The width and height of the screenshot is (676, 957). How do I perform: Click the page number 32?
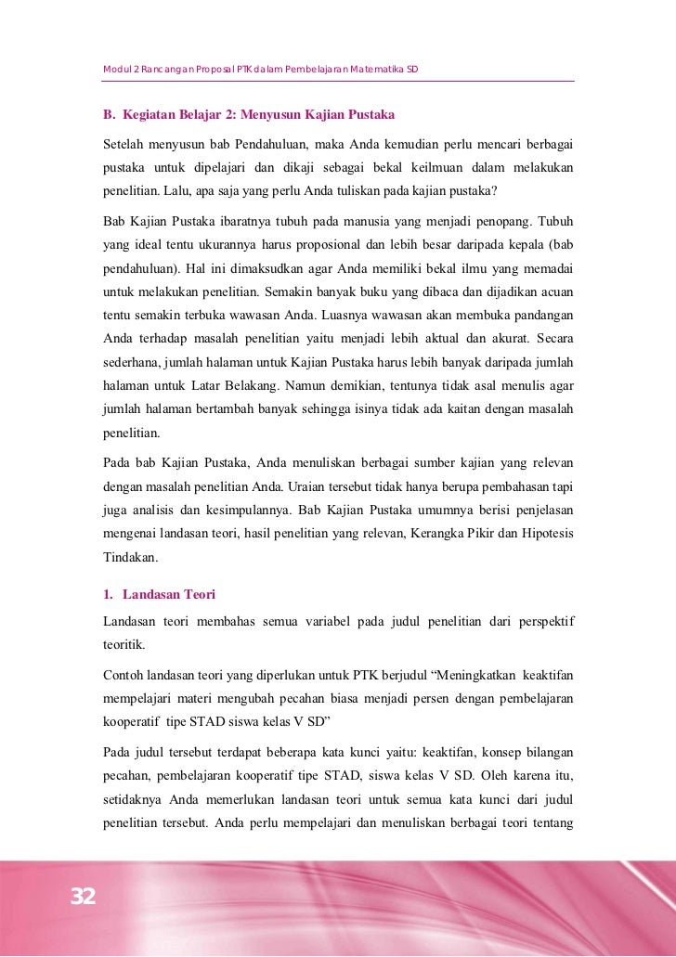pyautogui.click(x=83, y=896)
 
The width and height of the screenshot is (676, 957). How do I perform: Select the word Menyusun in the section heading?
pyautogui.click(x=280, y=116)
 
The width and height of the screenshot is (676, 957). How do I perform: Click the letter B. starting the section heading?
pyautogui.click(x=108, y=116)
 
